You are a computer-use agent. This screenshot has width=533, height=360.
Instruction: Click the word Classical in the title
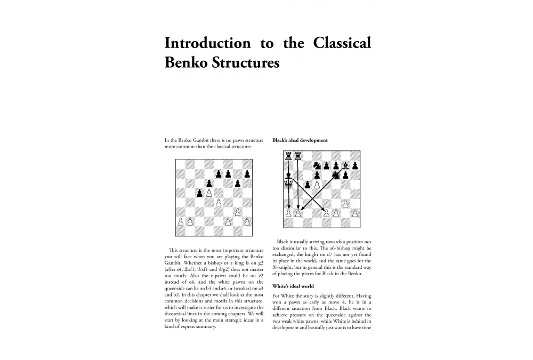click(x=340, y=43)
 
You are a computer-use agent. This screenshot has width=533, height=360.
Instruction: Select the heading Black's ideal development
click(x=300, y=140)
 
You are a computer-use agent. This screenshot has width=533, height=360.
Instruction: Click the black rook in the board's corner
click(x=289, y=156)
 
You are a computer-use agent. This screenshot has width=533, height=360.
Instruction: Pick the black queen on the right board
click(x=289, y=185)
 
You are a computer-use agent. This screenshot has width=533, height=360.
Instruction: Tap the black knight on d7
click(x=318, y=165)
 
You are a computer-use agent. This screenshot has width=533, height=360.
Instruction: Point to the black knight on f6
click(x=336, y=174)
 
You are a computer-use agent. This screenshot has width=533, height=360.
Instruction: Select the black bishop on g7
click(x=345, y=165)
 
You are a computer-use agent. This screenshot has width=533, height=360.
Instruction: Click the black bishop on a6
click(x=289, y=175)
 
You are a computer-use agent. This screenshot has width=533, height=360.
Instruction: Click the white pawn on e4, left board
click(x=218, y=202)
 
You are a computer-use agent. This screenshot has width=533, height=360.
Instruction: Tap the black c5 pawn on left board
click(x=199, y=193)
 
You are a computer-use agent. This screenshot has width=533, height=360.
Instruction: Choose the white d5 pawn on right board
click(x=317, y=185)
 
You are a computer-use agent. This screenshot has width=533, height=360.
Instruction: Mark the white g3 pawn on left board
click(x=237, y=212)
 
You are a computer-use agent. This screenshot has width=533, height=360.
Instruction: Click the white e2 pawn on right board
click(x=327, y=213)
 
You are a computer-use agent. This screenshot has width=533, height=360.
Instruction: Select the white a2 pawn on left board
click(x=181, y=221)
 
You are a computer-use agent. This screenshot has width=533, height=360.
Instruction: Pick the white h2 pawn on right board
click(x=355, y=213)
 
